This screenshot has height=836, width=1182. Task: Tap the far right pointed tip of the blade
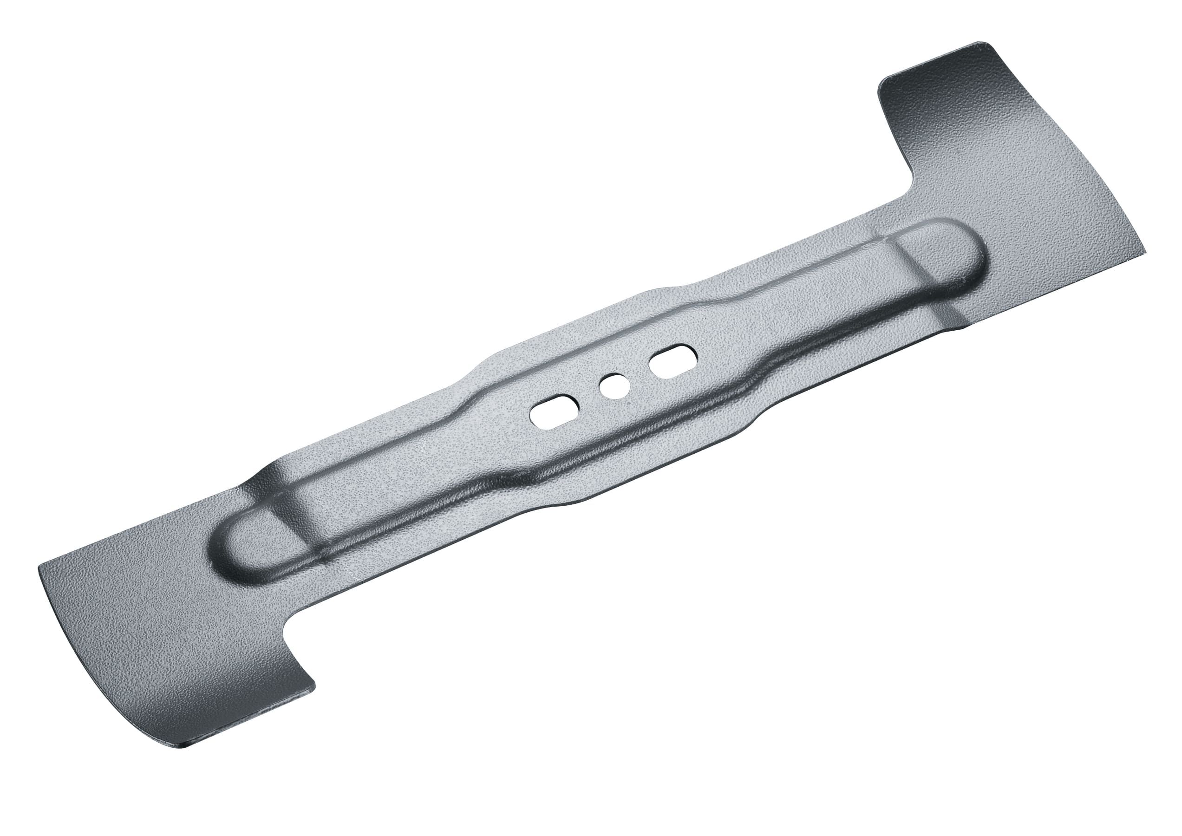(x=1146, y=251)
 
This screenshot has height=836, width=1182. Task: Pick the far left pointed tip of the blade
(x=39, y=568)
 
